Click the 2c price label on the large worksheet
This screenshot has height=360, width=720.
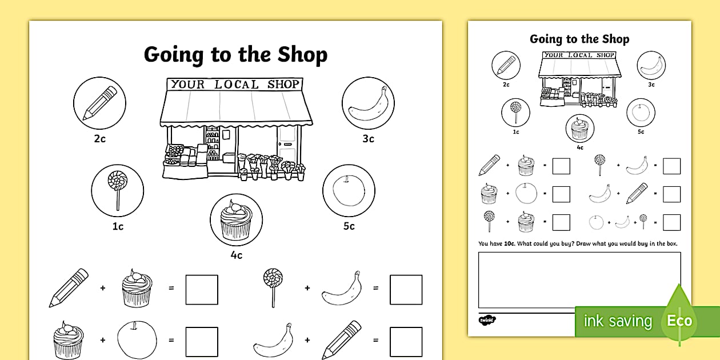(x=99, y=138)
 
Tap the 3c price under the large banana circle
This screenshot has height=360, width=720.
(x=368, y=138)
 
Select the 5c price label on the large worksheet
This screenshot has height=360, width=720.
(x=349, y=226)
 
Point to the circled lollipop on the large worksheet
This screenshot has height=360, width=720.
(x=117, y=190)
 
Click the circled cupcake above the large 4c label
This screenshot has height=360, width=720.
(x=236, y=220)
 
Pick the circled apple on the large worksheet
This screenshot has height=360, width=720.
(x=349, y=190)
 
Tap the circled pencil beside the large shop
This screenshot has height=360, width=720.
(x=99, y=103)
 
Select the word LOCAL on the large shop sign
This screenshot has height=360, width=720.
(x=236, y=85)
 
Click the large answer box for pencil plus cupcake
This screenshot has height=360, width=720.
(x=202, y=289)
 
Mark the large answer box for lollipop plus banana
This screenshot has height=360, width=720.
(x=406, y=289)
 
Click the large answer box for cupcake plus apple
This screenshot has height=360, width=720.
(x=202, y=342)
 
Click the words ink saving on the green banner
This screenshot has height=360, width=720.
(x=617, y=321)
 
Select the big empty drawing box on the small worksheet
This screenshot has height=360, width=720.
(x=579, y=279)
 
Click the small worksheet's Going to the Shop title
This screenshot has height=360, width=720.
(x=579, y=39)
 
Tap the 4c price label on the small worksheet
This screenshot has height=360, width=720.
(x=580, y=147)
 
